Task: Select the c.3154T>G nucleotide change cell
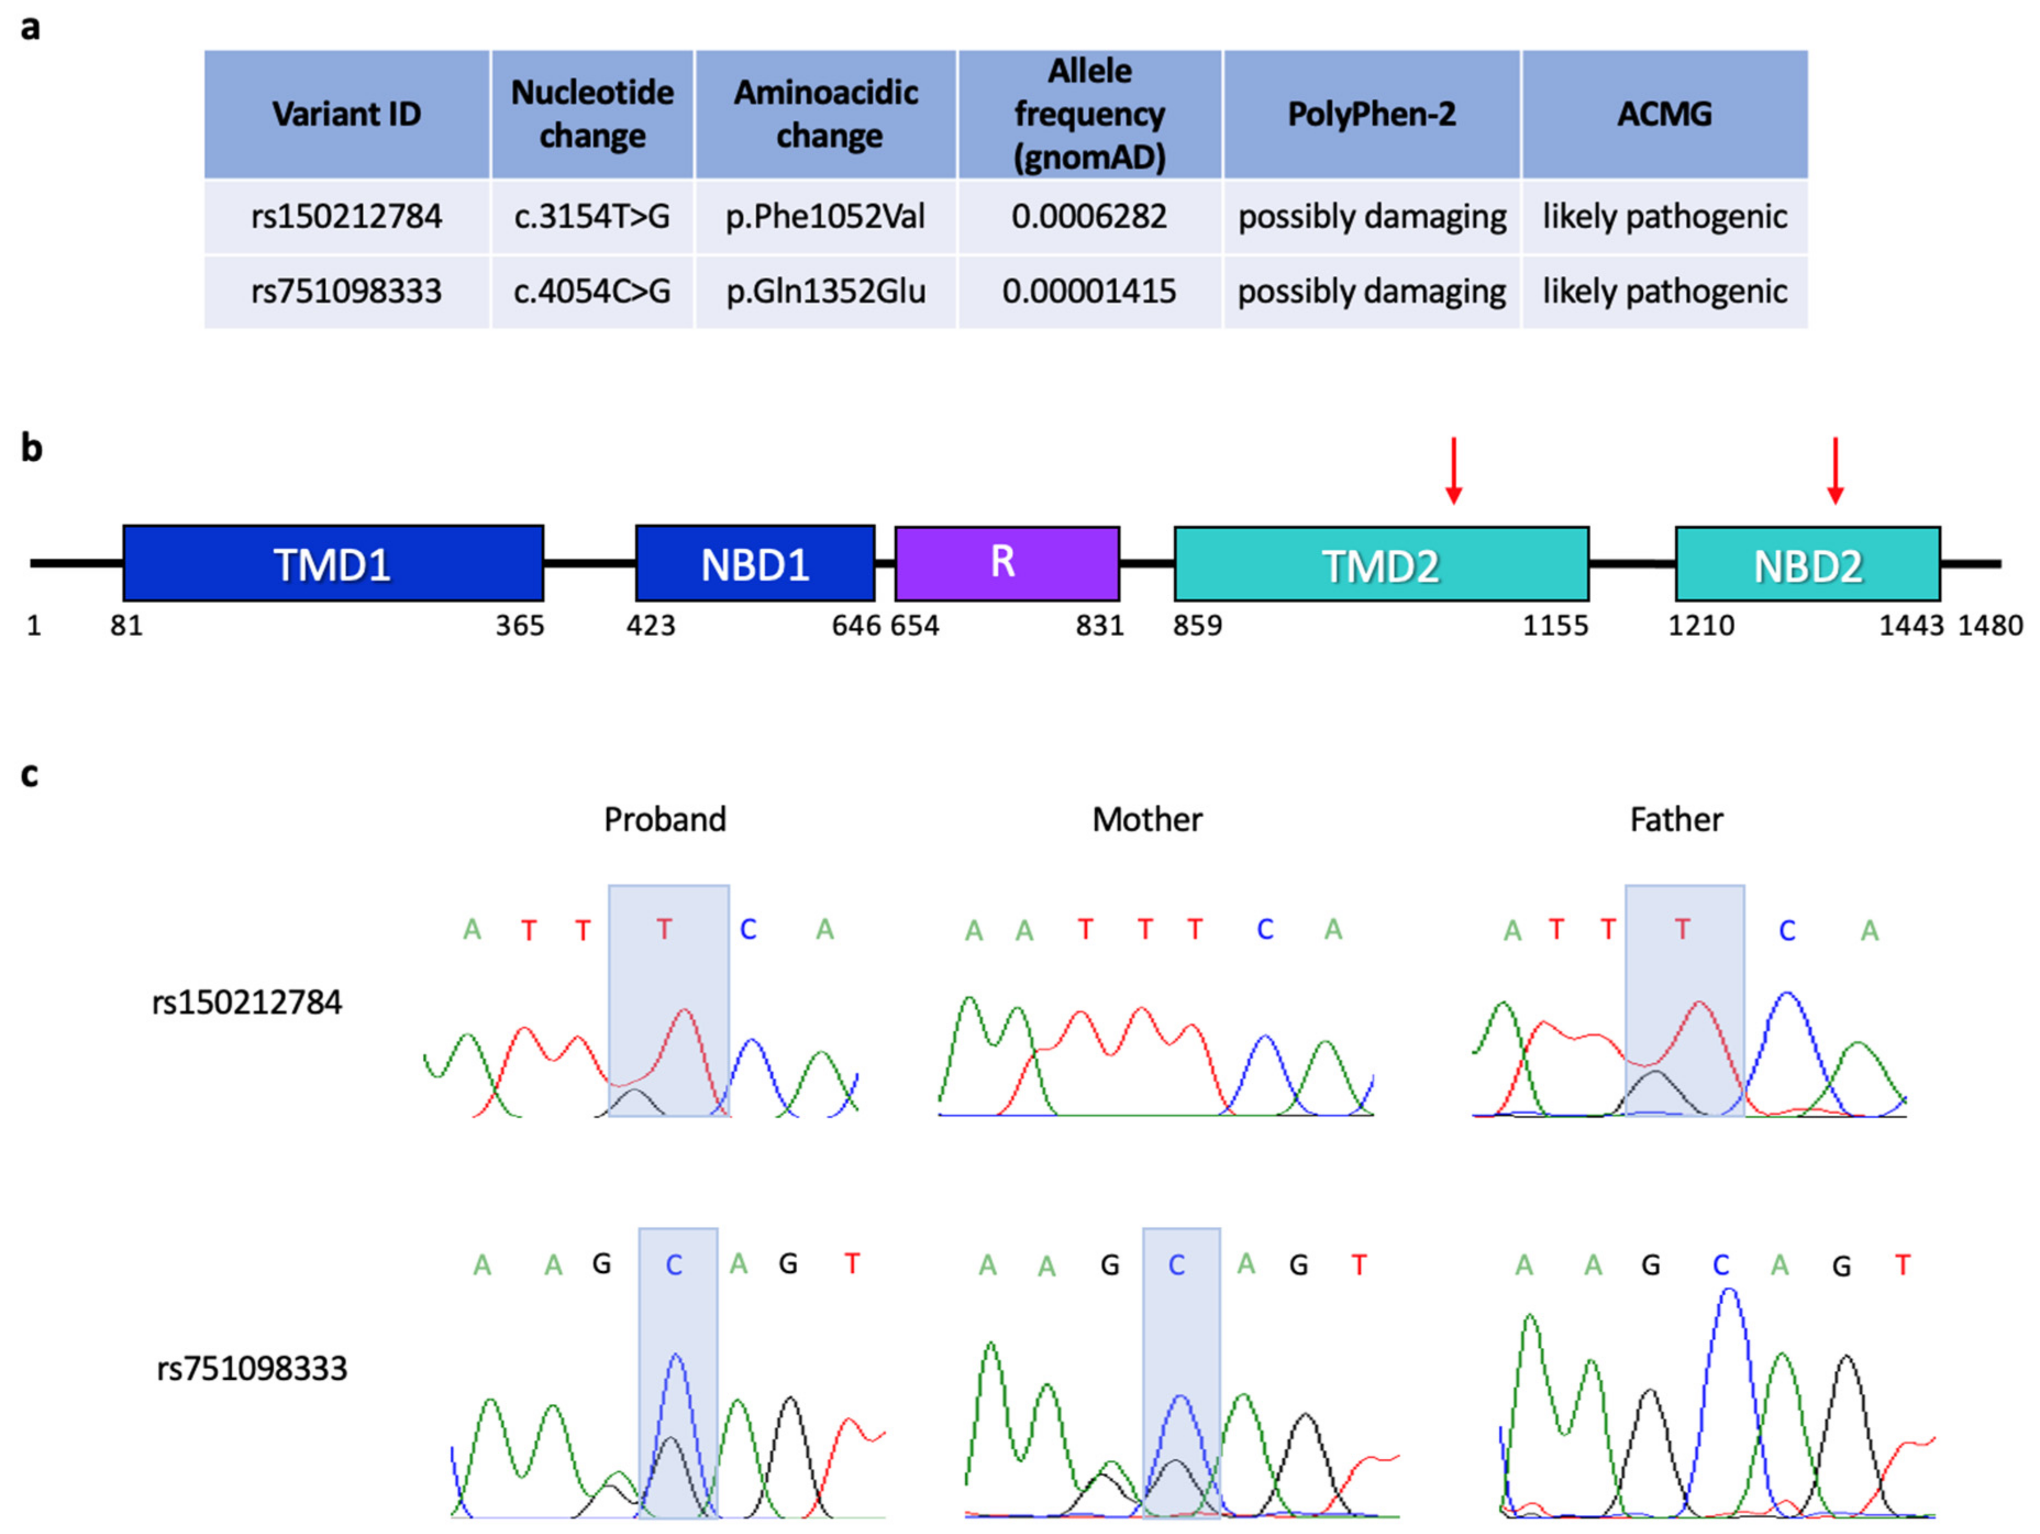point(591,217)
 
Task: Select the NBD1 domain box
point(755,563)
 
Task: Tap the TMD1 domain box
point(333,563)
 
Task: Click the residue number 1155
point(1555,627)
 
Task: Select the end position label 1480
point(1990,627)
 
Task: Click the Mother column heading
point(1147,819)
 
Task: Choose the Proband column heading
point(665,819)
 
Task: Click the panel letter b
point(31,448)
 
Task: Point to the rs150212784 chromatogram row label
point(247,1003)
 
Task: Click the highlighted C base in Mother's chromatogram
point(1177,1265)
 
